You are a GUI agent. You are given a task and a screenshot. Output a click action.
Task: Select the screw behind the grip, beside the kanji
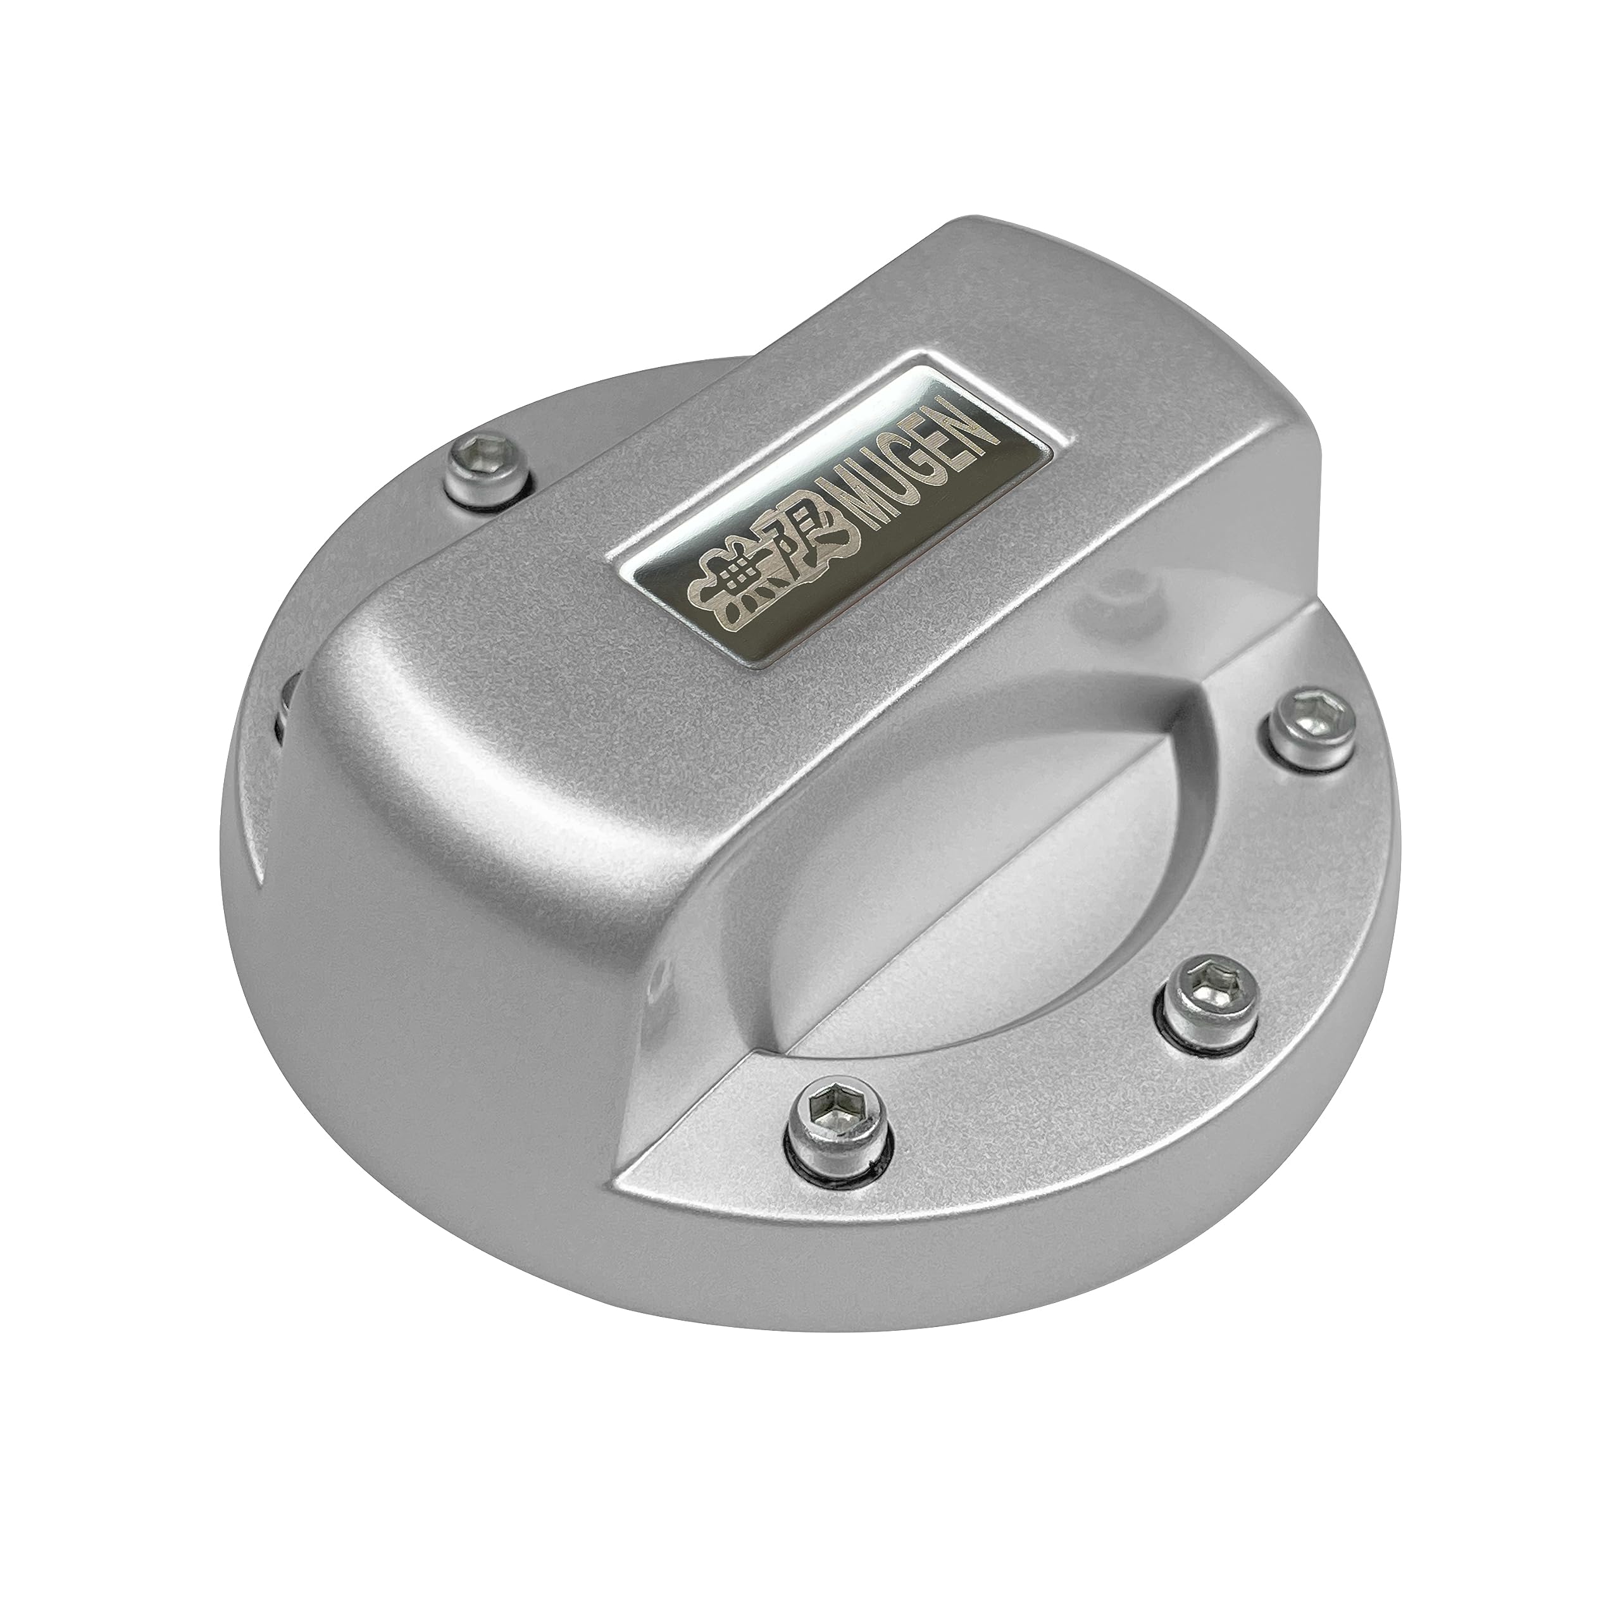(x=485, y=474)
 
